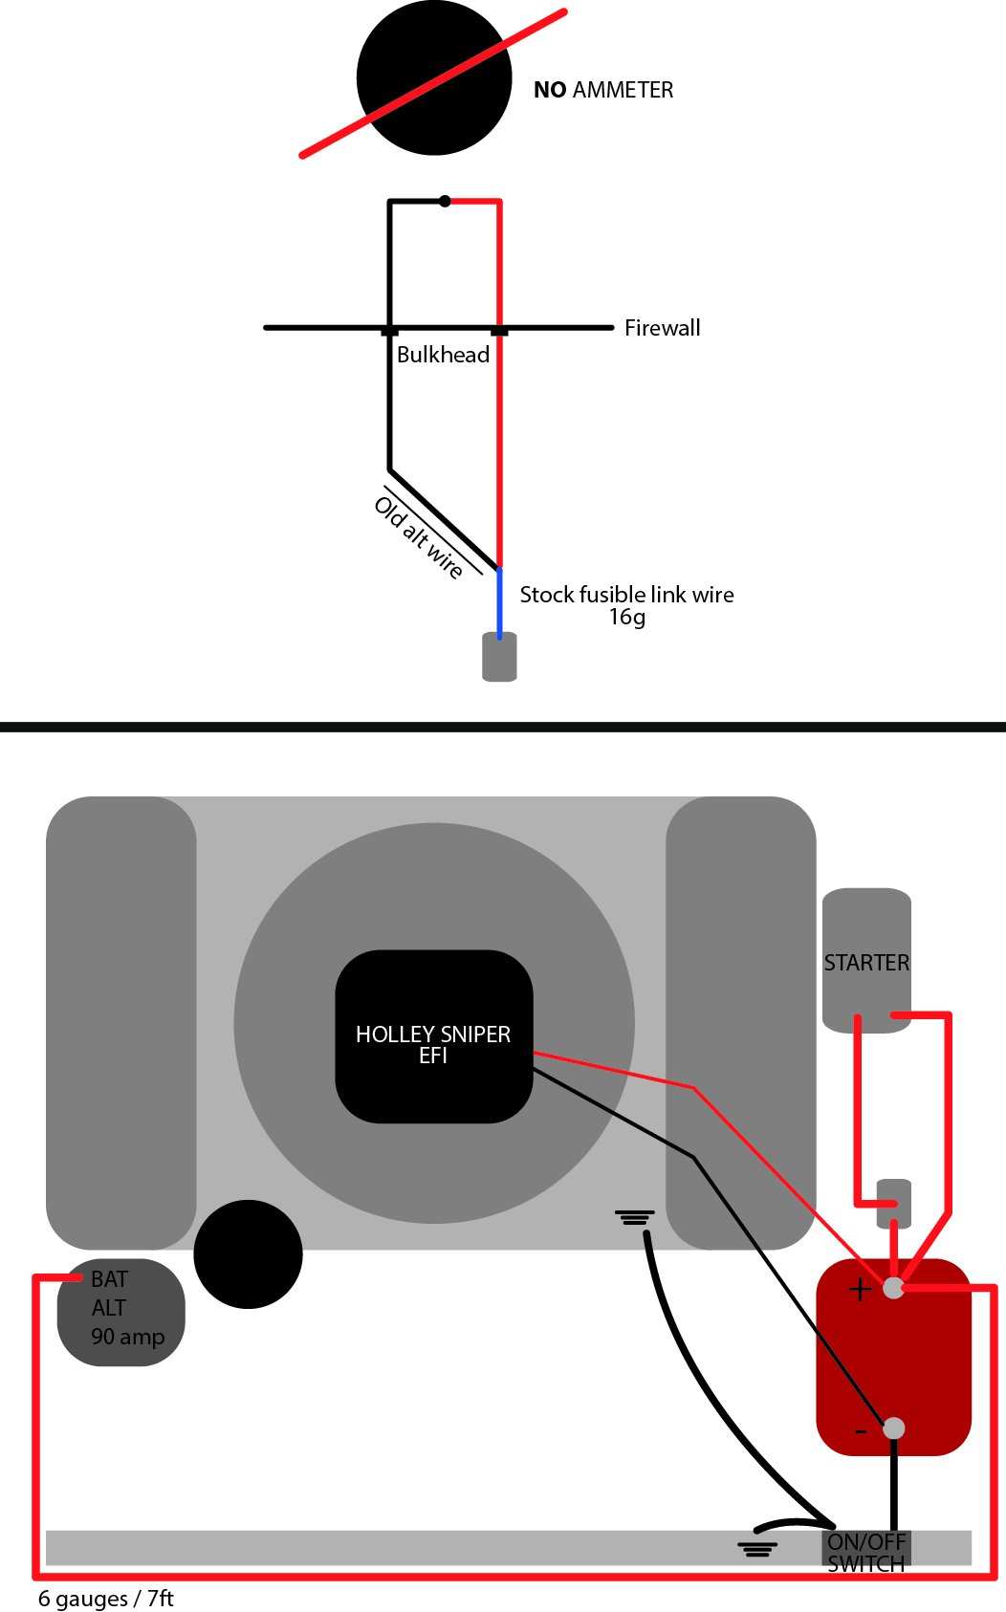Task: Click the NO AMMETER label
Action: [602, 90]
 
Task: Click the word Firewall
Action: [662, 328]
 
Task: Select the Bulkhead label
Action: [443, 355]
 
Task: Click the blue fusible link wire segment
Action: [499, 602]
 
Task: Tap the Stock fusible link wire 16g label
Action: [626, 604]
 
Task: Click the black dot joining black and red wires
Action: [445, 201]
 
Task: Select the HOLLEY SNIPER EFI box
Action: [433, 1035]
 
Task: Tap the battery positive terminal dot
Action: [893, 1288]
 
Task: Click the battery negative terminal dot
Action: [893, 1427]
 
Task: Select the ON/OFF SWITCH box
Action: [865, 1551]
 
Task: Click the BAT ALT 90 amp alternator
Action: [121, 1311]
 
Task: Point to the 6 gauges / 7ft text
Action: [105, 1599]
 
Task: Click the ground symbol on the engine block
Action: [635, 1218]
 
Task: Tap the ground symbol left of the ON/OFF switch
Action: [756, 1548]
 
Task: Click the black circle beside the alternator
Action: [248, 1253]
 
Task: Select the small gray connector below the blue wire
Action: [499, 657]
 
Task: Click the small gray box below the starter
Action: [894, 1202]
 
